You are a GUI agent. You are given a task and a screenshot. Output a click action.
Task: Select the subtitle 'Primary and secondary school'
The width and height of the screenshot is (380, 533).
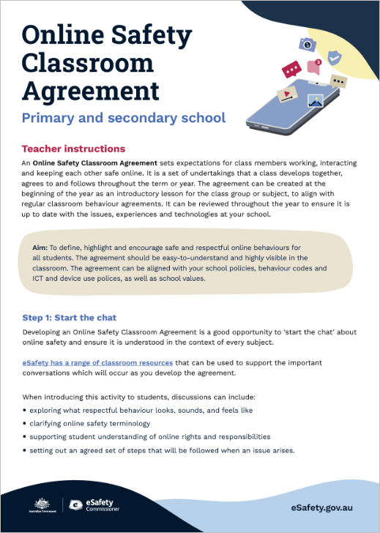click(x=124, y=117)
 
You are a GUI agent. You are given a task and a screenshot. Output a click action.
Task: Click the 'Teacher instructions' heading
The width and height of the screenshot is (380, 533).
click(x=73, y=149)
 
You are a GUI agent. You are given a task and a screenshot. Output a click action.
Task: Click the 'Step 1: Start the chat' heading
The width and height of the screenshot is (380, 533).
click(x=69, y=317)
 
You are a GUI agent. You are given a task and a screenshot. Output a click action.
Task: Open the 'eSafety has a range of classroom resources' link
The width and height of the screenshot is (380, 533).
click(x=97, y=363)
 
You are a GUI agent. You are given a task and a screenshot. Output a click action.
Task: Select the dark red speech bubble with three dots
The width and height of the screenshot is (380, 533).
click(x=291, y=70)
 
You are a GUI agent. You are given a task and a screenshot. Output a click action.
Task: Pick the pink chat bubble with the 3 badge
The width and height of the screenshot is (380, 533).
click(x=314, y=67)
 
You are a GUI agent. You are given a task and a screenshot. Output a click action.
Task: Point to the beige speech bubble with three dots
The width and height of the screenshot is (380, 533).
click(x=338, y=81)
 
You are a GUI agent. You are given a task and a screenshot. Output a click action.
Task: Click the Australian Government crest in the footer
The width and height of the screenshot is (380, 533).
click(x=41, y=504)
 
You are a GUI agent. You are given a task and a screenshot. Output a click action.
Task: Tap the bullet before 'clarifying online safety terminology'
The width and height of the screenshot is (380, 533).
click(x=25, y=424)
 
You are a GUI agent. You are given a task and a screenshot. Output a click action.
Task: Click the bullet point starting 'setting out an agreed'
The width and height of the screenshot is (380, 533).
click(x=25, y=450)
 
